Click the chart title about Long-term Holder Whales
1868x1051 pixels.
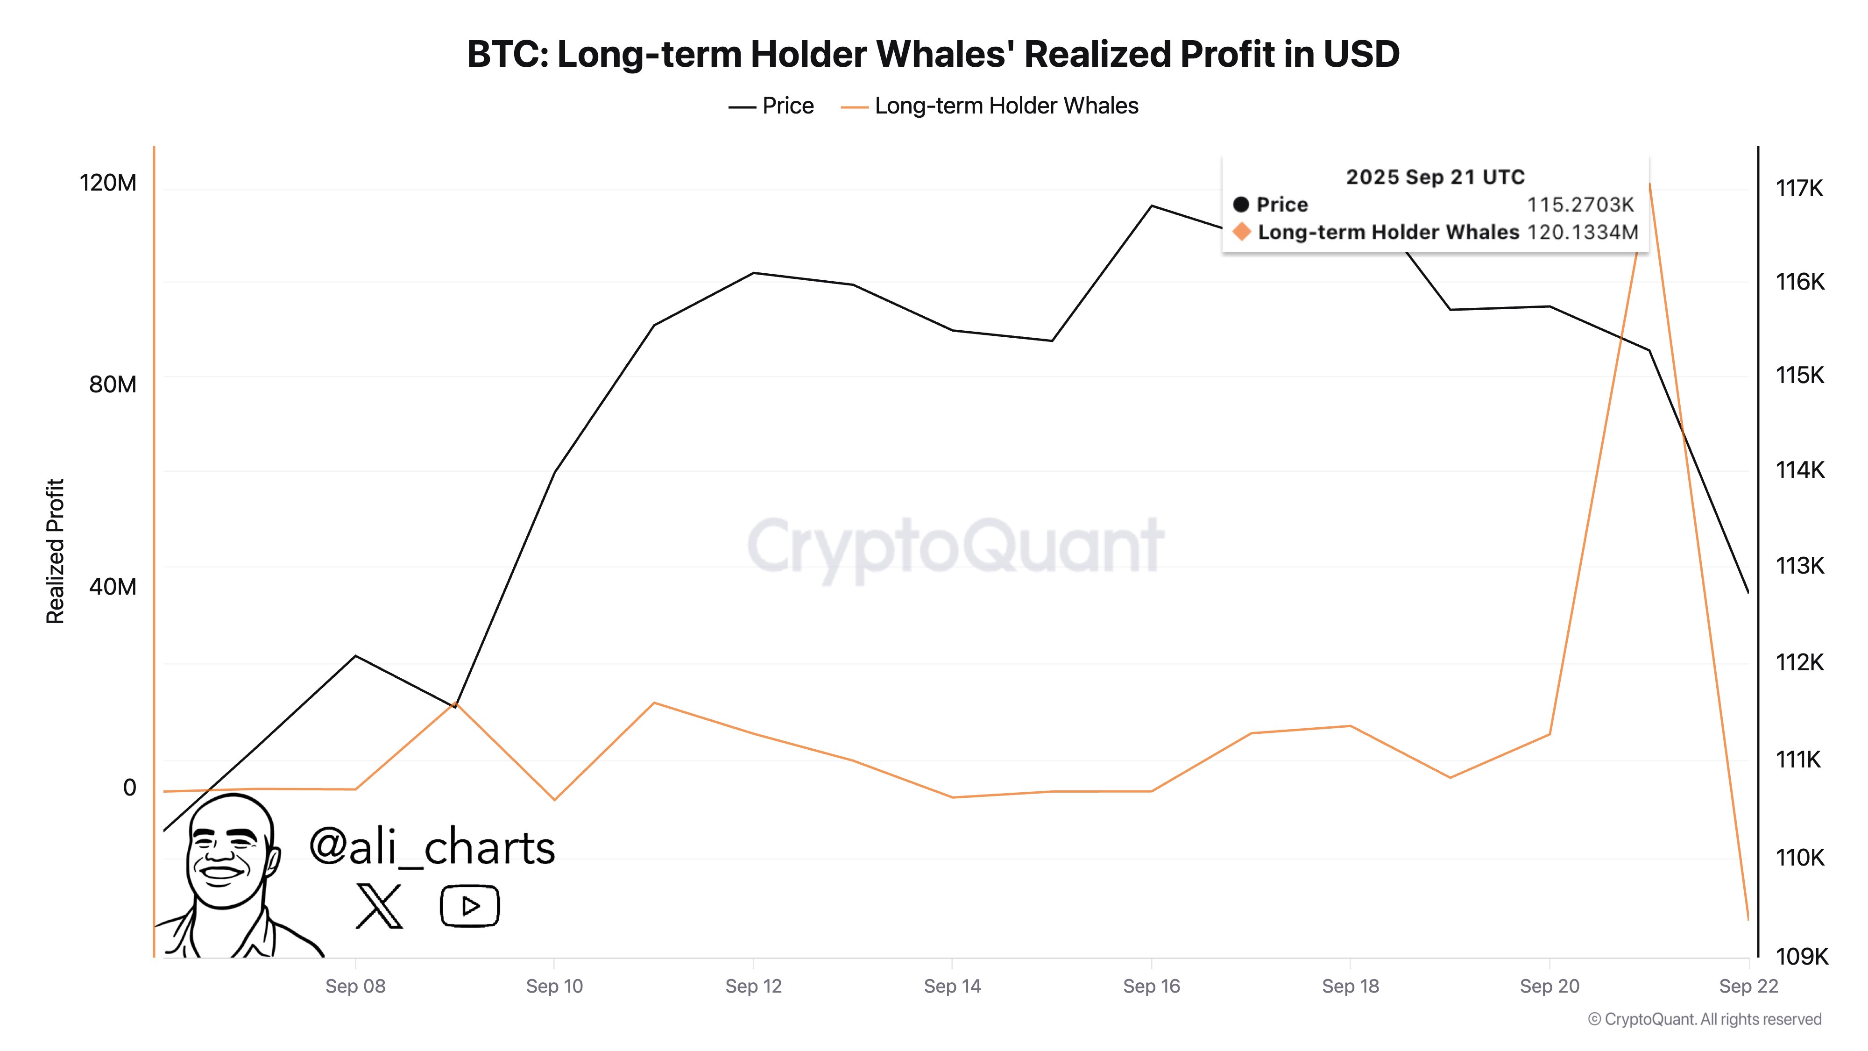[x=933, y=54]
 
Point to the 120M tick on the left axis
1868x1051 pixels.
[x=107, y=183]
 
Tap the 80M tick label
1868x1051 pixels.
[x=113, y=384]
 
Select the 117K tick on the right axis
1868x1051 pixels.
[x=1799, y=189]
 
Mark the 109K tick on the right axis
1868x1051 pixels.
[x=1801, y=957]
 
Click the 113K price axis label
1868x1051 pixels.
[x=1799, y=566]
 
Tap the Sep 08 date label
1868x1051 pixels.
[x=355, y=987]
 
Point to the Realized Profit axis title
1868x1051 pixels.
[x=55, y=551]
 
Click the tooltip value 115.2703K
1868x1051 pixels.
[x=1580, y=205]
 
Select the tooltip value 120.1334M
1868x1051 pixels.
[x=1582, y=233]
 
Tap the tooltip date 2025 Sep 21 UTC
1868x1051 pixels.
[x=1435, y=177]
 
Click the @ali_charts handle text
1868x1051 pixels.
[x=432, y=847]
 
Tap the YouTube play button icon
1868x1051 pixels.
[x=469, y=906]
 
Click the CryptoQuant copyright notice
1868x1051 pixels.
[x=1704, y=1019]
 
